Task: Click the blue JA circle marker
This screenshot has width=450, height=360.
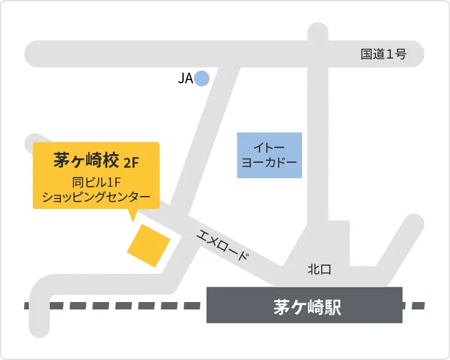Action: click(x=202, y=78)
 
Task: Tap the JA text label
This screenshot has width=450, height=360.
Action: click(x=185, y=78)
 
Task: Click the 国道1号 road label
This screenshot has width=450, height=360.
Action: click(x=383, y=54)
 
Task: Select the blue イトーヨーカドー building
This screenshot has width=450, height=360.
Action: click(x=269, y=155)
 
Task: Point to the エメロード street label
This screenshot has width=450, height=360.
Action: click(x=223, y=245)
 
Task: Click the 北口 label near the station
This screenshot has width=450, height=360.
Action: click(x=319, y=269)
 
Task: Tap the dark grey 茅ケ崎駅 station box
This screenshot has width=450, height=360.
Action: click(x=305, y=305)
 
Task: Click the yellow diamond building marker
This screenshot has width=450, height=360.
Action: click(x=149, y=245)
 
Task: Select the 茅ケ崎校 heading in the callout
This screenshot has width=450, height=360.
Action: click(x=85, y=160)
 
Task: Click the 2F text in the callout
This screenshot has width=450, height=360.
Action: click(x=131, y=163)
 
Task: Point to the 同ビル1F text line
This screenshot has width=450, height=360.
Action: click(x=95, y=182)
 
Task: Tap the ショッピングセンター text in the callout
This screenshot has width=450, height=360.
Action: click(x=96, y=197)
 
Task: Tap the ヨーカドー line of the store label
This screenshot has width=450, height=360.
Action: click(x=269, y=163)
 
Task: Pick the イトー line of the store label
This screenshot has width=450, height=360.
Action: click(x=269, y=148)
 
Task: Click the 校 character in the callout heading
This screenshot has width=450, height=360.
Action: click(x=110, y=160)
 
